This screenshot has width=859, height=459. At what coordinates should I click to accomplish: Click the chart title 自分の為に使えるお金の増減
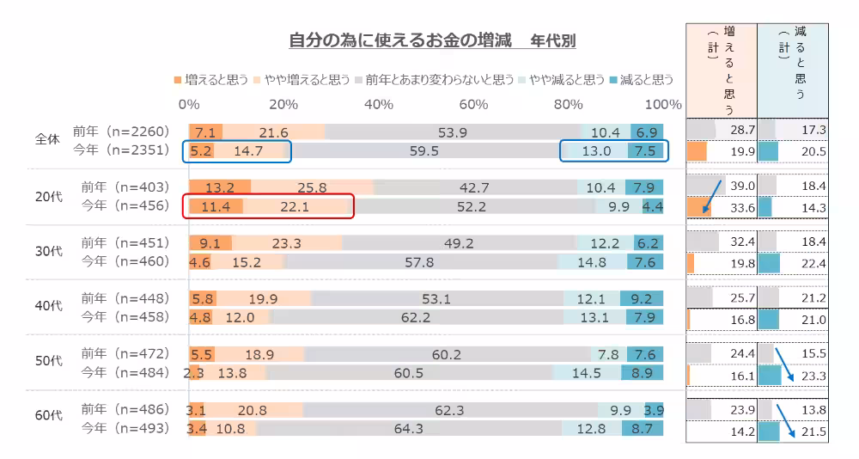pos(399,40)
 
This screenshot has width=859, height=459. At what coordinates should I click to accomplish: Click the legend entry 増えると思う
pos(210,79)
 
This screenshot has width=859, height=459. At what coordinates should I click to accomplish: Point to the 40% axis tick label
pos(379,104)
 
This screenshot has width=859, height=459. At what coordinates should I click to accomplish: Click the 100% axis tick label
pos(662,104)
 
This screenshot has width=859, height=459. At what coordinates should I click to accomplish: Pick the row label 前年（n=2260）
pos(121,132)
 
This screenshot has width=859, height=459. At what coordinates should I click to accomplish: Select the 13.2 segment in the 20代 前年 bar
pos(219,187)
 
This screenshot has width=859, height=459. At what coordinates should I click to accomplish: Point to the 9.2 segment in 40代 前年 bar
pos(641,299)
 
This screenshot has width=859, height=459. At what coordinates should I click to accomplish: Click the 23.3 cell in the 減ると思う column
pos(812,376)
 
